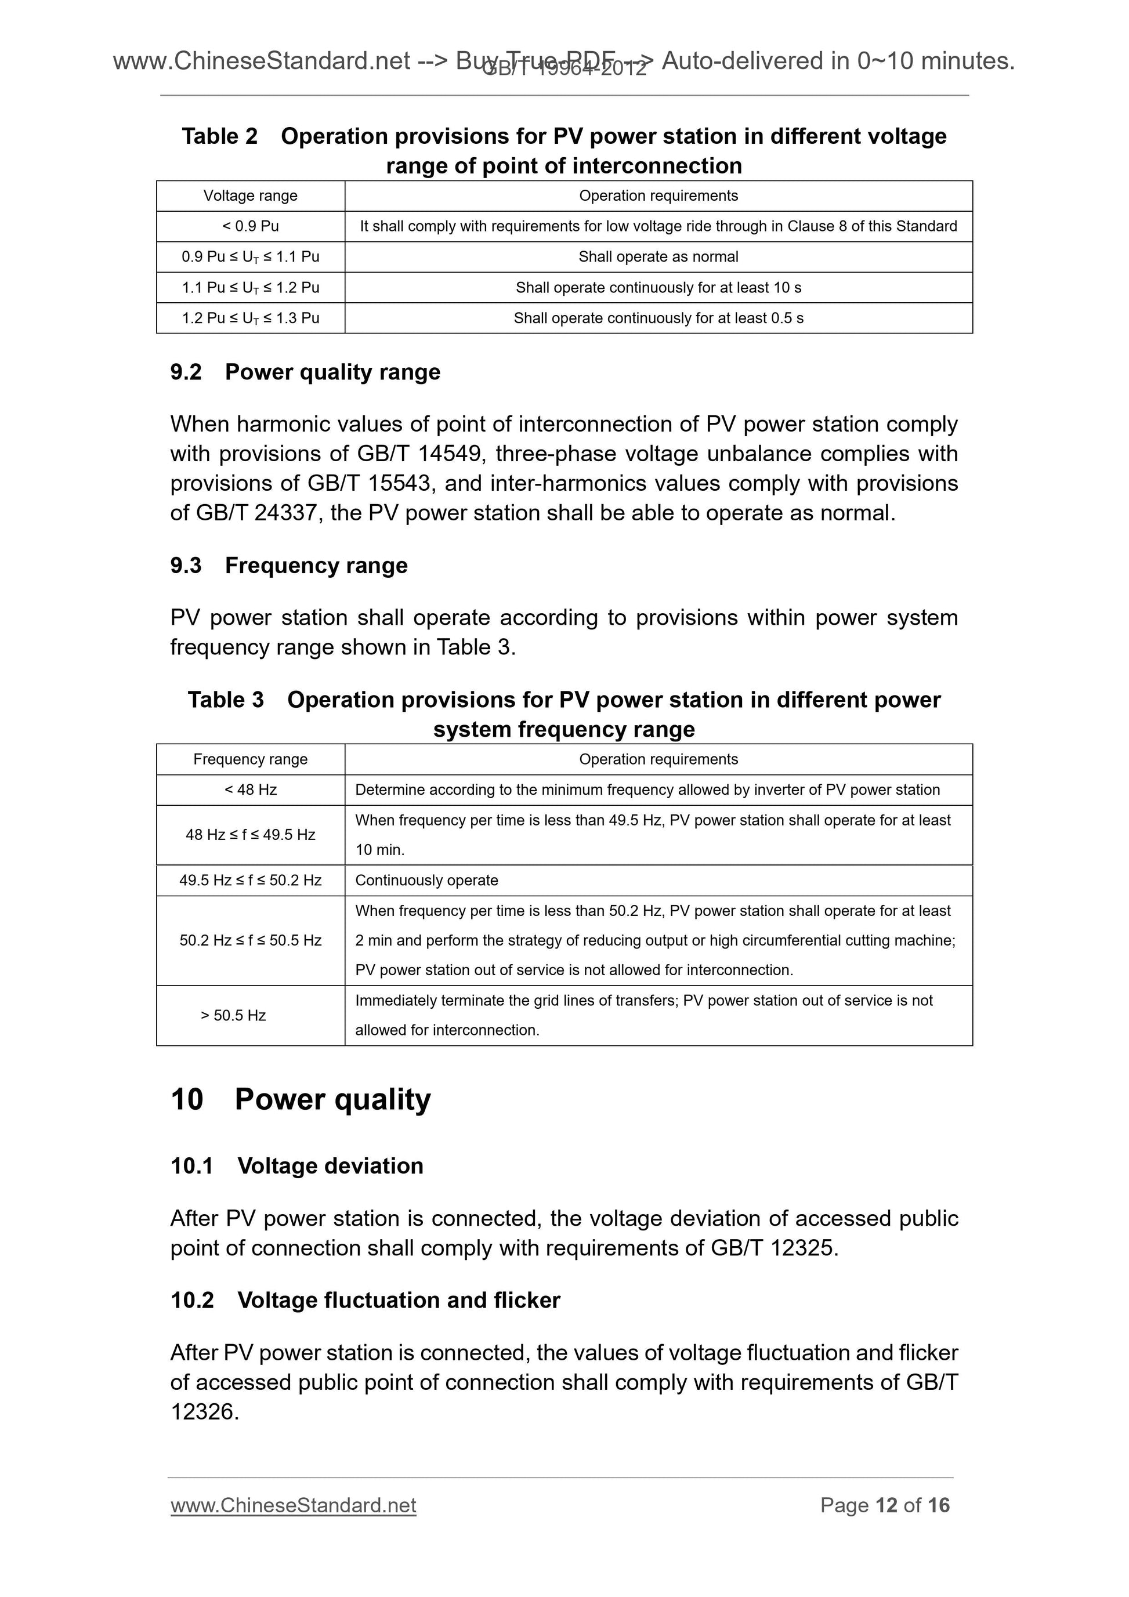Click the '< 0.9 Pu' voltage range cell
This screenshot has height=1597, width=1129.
coord(251,226)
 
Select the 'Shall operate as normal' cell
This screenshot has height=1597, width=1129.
coord(658,256)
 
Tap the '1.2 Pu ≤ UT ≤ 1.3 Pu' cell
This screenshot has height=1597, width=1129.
coord(251,318)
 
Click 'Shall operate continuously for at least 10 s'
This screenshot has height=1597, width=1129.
coord(658,287)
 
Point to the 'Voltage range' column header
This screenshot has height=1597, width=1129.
coord(251,195)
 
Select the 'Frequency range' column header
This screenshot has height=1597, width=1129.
coord(251,759)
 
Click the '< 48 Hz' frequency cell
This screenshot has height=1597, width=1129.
coord(251,790)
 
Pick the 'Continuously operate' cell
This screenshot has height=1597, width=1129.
coord(426,880)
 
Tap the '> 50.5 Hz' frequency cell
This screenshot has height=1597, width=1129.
coord(234,1015)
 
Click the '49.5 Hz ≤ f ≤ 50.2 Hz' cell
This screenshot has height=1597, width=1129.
coord(251,880)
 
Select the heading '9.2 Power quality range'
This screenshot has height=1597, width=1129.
coord(305,372)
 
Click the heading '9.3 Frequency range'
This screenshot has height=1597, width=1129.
coord(289,566)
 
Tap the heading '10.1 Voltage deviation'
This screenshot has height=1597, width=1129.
coord(297,1166)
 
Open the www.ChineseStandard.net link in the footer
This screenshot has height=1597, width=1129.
coord(293,1505)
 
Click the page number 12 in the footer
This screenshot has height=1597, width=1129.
coord(885,1505)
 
